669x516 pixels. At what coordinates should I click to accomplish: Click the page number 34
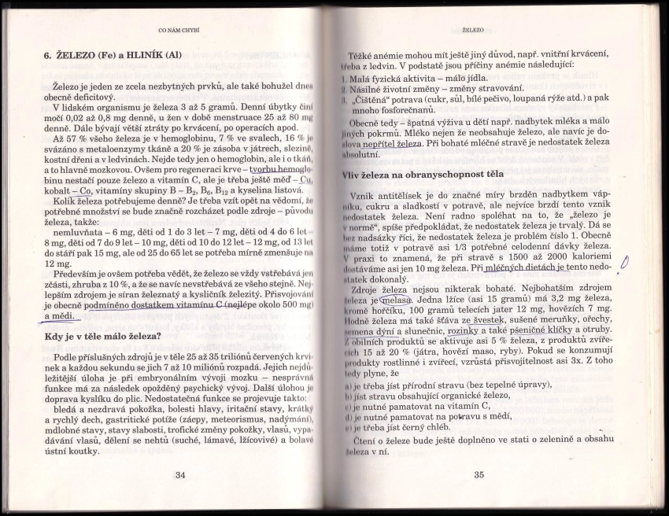[x=180, y=474]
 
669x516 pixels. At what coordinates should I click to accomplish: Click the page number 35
[x=479, y=474]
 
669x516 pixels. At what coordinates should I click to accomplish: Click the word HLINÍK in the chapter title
[x=144, y=57]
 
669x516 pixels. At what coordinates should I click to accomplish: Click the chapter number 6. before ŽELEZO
[x=47, y=57]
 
